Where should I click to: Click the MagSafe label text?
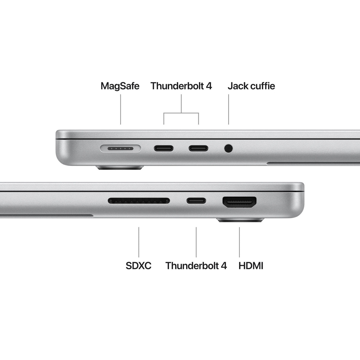coord(120,86)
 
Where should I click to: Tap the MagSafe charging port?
coord(120,148)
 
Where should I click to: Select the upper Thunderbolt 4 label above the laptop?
coord(181,86)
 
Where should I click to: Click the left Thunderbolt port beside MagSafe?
coord(163,148)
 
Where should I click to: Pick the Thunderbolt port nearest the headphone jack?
coord(198,148)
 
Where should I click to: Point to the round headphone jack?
coord(228,148)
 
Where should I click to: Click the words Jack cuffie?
coord(251,86)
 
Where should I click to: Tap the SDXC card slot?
coord(139,201)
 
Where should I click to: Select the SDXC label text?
coord(138,265)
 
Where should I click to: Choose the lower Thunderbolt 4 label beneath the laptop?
coord(196,265)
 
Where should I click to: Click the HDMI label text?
coord(251,265)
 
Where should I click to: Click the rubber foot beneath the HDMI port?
coord(240,220)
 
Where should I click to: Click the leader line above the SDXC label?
coord(139,242)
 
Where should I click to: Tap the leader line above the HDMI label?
coord(240,242)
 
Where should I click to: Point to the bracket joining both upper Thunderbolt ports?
coord(181,113)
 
